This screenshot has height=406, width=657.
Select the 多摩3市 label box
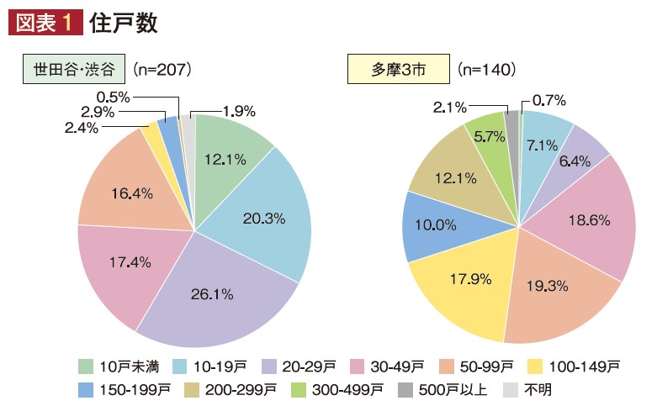coord(399,68)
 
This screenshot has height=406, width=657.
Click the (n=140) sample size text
coord(487,68)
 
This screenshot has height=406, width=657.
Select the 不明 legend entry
coord(526,389)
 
